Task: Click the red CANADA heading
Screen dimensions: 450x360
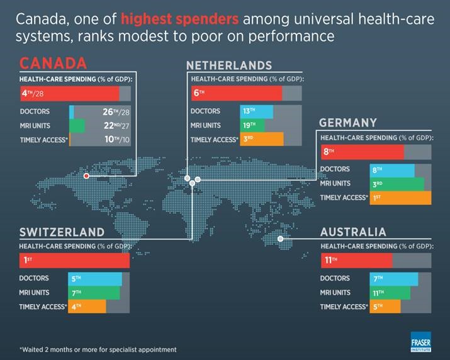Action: [53, 63]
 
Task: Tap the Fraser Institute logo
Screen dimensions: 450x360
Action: [420, 342]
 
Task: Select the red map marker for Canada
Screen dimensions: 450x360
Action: [86, 176]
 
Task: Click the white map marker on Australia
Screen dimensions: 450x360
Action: [281, 239]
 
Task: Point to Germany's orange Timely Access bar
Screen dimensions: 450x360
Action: [400, 198]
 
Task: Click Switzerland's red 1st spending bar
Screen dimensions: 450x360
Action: [74, 261]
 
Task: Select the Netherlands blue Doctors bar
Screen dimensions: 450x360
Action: [257, 111]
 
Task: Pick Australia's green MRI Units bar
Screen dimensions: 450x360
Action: [390, 293]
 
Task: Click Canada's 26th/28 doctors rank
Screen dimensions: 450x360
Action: [116, 111]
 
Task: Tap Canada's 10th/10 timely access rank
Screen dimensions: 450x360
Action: [117, 140]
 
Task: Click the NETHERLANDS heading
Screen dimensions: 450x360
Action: [229, 65]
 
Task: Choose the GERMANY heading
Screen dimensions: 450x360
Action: [348, 123]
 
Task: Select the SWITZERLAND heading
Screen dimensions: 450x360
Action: [62, 232]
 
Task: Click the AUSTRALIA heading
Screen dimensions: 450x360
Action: [353, 232]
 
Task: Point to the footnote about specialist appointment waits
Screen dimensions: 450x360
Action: [98, 350]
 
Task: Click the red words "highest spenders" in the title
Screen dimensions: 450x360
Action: [179, 19]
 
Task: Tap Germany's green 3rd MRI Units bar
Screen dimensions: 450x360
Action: [397, 184]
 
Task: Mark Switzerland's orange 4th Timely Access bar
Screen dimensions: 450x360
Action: [87, 307]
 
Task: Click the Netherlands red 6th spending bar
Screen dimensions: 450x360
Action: [237, 93]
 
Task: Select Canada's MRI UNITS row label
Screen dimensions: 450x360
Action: [35, 126]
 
